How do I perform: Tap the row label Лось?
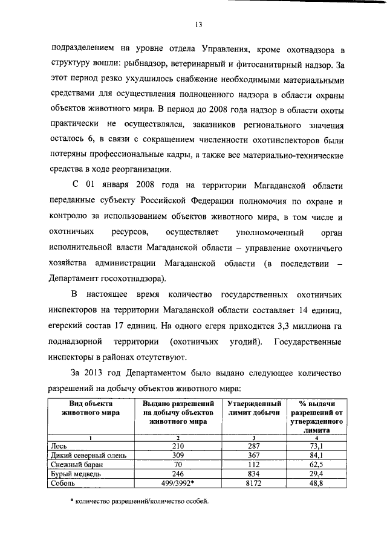60,445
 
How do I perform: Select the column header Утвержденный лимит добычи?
253,408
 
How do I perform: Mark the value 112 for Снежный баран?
253,465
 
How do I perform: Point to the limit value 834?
253,474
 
